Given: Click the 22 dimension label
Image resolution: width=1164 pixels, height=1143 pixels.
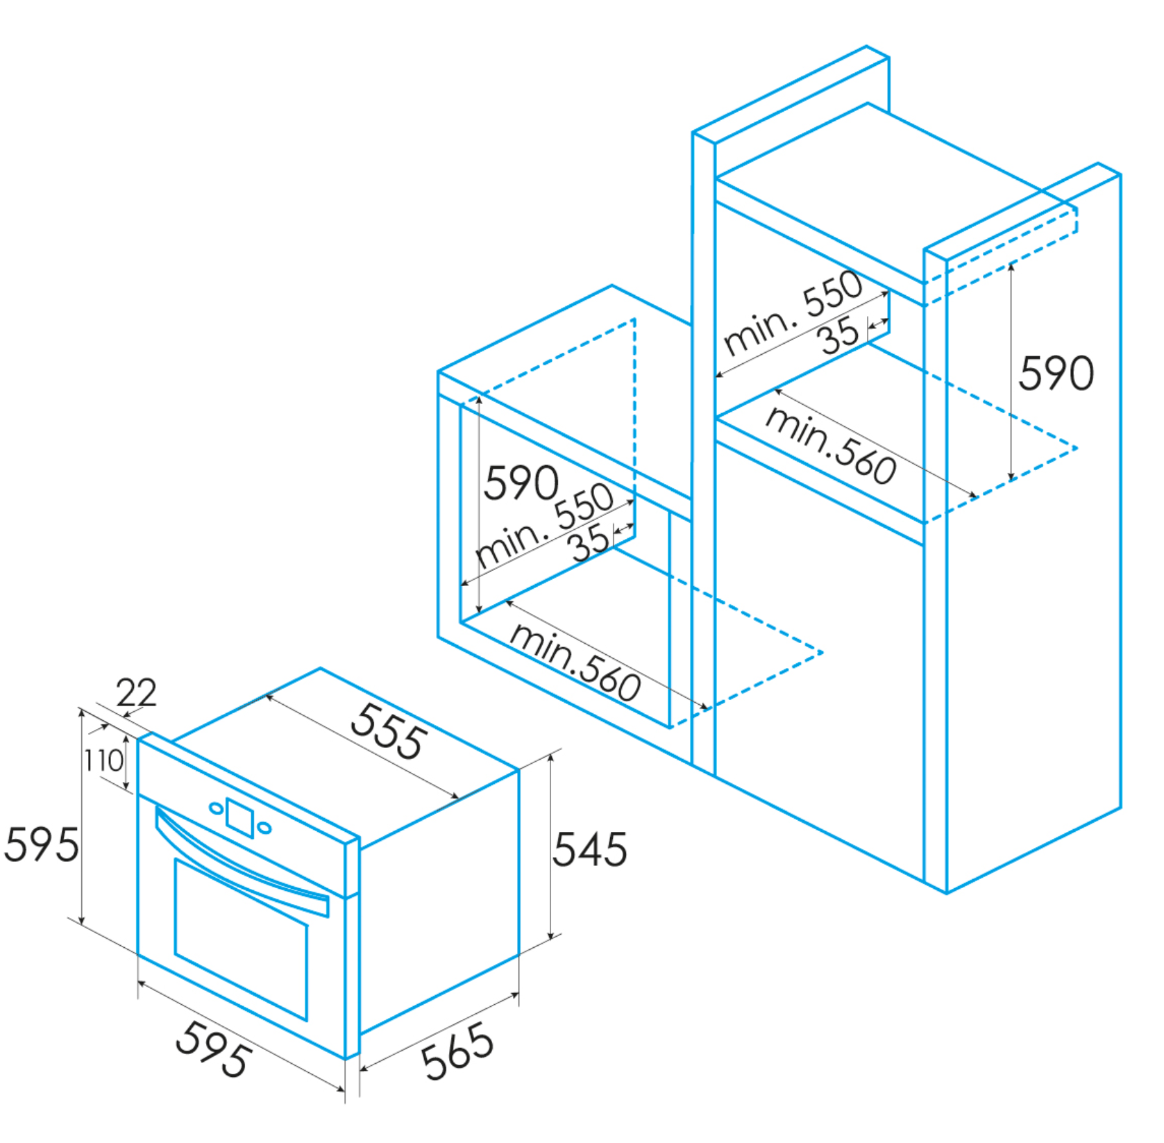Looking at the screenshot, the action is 136,692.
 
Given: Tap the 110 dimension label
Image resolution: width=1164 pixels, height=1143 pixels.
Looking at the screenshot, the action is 103,760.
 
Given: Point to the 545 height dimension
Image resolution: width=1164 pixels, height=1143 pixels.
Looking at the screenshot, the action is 589,849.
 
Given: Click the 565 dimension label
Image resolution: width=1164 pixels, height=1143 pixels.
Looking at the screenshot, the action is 458,1051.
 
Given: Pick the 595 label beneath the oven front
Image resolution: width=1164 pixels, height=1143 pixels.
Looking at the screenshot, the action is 213,1049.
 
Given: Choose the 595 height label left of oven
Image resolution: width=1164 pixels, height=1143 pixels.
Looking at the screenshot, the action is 42,845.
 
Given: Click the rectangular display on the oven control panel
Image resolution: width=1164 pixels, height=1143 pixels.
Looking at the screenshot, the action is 240,817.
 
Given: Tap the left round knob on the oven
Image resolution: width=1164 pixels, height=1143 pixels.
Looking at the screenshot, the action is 217,808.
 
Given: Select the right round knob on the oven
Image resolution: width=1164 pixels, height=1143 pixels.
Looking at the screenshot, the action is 264,828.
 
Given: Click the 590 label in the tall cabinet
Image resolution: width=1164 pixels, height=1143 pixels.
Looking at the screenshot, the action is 1056,373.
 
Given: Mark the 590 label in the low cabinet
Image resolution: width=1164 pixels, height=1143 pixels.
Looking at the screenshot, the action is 521,483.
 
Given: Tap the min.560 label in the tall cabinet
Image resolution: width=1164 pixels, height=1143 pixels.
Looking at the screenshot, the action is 831,444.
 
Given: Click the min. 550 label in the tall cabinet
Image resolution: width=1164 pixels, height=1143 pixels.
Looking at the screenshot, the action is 793,312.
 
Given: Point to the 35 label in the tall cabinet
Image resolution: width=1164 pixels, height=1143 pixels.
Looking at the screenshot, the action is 839,335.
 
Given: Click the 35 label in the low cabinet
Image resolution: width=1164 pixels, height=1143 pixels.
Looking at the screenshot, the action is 591,542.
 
